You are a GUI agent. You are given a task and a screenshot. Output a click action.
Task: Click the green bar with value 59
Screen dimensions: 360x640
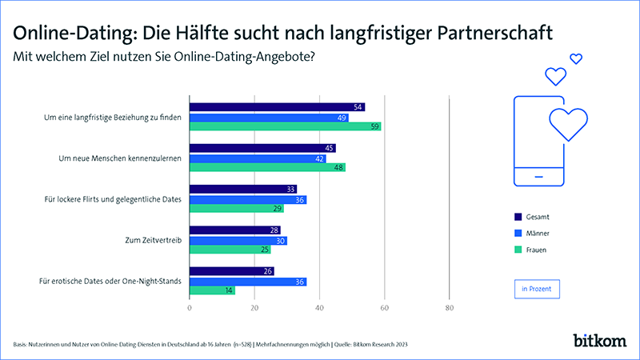(x=285, y=126)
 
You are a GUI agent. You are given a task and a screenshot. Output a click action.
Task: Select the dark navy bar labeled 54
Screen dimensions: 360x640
(x=277, y=107)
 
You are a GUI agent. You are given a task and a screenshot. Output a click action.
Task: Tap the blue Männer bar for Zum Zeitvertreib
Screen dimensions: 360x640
(x=238, y=240)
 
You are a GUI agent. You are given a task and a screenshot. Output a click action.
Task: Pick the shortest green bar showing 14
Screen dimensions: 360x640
(x=212, y=290)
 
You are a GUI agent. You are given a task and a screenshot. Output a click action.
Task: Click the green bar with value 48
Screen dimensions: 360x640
(x=267, y=167)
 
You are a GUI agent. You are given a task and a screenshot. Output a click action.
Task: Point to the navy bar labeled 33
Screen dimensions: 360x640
(x=242, y=190)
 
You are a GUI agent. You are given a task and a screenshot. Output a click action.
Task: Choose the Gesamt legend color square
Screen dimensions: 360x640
(x=517, y=217)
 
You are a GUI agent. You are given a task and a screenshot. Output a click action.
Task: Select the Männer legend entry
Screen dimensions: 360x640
(x=536, y=234)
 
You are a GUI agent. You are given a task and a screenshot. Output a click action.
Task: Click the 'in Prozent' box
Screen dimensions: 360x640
(x=536, y=289)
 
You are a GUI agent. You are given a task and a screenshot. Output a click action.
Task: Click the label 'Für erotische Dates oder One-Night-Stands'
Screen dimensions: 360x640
(x=110, y=281)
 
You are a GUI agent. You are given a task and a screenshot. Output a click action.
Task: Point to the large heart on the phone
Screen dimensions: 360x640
(x=567, y=122)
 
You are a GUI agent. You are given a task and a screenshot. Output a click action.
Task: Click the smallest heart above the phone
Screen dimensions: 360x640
(x=575, y=58)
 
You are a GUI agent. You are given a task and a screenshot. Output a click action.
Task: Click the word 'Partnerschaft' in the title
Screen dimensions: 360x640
(x=499, y=34)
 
